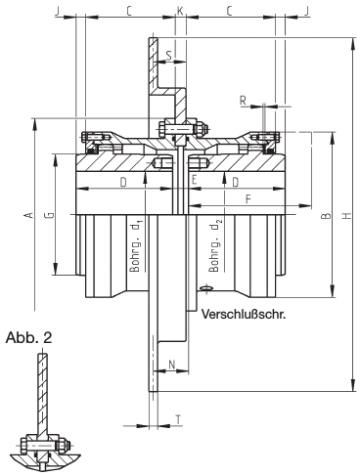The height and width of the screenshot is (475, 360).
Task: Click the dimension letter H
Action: (347, 215)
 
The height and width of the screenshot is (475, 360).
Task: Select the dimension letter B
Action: (327, 216)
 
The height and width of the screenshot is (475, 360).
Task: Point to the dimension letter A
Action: (29, 215)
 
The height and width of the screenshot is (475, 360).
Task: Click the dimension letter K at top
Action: (180, 12)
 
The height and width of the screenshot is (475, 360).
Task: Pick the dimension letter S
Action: (168, 56)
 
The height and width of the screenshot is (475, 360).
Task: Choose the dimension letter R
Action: (243, 101)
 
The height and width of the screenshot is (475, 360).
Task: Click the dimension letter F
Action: (248, 199)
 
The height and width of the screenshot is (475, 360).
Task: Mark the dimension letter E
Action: (195, 180)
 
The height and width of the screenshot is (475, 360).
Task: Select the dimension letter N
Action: (172, 365)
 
